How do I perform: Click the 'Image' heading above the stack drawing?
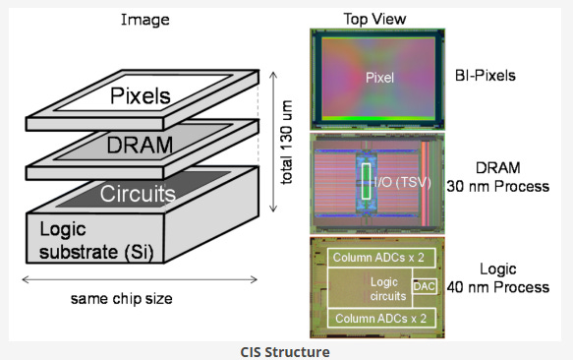pos(145,20)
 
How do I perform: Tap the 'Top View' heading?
pos(374,19)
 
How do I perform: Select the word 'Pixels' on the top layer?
pos(141,95)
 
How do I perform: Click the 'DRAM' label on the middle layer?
pos(140,145)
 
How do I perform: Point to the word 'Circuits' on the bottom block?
pos(138,194)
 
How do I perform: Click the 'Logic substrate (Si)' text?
pos(96,240)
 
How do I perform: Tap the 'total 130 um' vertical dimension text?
pos(287,143)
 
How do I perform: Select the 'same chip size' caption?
pos(121,299)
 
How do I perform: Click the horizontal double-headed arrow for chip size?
pos(140,280)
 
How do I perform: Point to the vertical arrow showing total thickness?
pos(273,142)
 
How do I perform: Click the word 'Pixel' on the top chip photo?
pos(379,78)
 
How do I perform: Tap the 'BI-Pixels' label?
pos(485,76)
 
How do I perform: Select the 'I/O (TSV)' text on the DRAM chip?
pos(402,182)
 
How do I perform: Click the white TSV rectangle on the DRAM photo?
pos(366,181)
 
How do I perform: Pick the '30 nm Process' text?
pos(497,186)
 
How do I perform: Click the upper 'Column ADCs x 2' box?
pos(381,258)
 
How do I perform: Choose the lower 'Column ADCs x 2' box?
pos(381,319)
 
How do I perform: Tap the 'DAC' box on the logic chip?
pos(425,286)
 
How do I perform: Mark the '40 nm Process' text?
pos(497,287)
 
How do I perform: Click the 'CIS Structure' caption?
pos(285,352)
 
